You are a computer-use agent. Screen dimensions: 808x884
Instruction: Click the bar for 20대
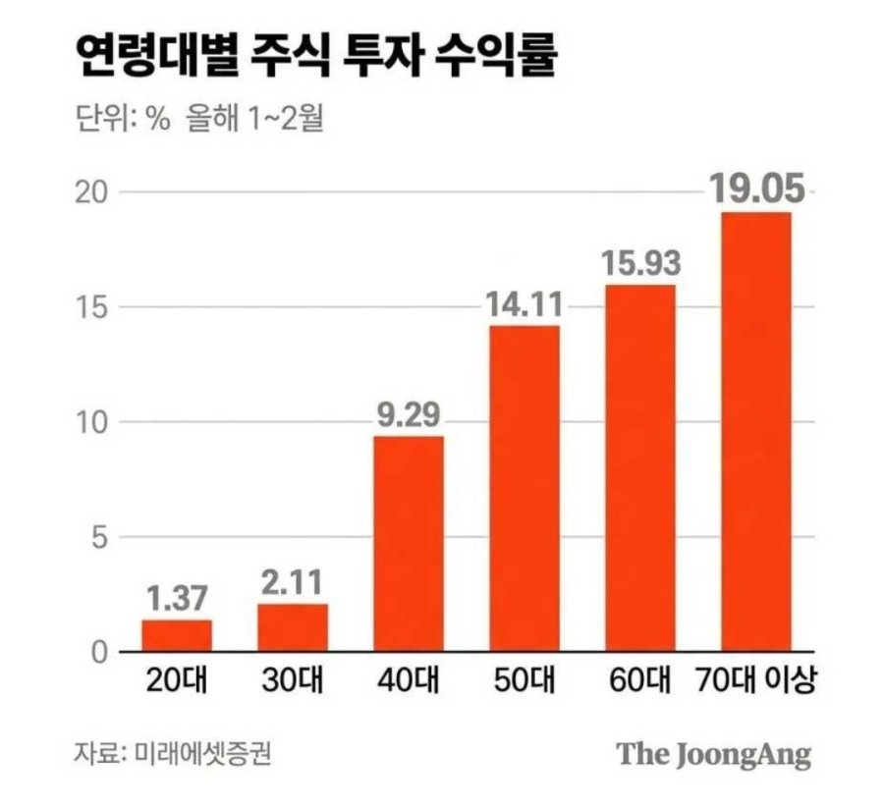(177, 635)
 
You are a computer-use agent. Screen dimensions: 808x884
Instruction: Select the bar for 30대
(293, 627)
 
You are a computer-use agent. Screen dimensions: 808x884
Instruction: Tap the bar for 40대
(409, 543)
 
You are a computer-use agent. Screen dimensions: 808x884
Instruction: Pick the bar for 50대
(525, 488)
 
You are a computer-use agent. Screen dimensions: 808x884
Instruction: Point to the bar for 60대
(640, 467)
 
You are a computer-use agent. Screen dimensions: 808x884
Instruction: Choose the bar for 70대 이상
(756, 431)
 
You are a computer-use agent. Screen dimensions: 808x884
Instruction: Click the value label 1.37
(177, 597)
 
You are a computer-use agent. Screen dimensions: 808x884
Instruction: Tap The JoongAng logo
(714, 754)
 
